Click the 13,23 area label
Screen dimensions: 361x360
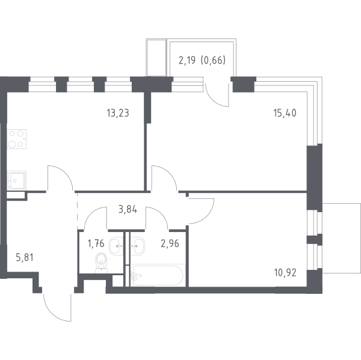(118, 113)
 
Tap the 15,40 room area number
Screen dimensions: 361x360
(285, 113)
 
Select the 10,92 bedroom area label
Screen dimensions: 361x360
(285, 273)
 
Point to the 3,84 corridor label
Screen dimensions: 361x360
(128, 210)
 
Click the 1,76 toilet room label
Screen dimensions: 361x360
(96, 243)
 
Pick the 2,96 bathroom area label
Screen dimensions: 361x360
(170, 243)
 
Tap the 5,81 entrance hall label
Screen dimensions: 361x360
(25, 257)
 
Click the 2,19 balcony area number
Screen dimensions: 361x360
(187, 60)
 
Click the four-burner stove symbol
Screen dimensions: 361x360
(17, 139)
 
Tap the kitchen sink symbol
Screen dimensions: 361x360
(17, 180)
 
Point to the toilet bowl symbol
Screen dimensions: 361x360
(101, 263)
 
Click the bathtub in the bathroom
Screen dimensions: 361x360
(158, 275)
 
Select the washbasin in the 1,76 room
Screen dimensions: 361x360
(116, 246)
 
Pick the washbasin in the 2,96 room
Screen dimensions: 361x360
(137, 246)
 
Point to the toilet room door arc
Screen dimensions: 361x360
(90, 213)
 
